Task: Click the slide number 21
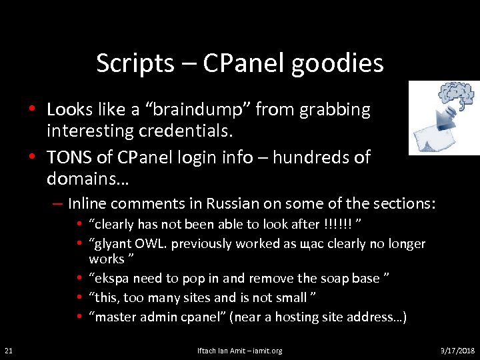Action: [x=8, y=350]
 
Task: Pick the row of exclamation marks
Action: [x=338, y=224]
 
